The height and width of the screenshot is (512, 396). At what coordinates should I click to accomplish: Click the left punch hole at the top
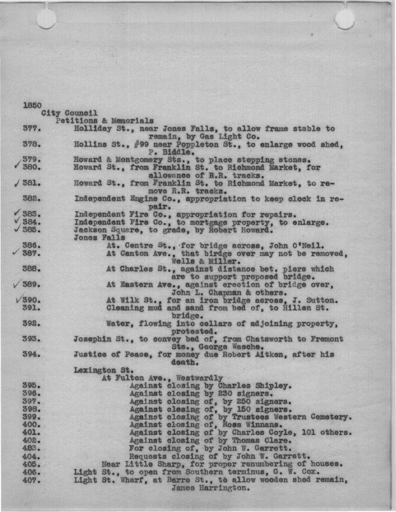coord(46,18)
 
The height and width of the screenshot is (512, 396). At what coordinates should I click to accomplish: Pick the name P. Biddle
coord(167,152)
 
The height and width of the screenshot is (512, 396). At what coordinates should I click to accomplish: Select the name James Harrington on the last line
coord(210,488)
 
